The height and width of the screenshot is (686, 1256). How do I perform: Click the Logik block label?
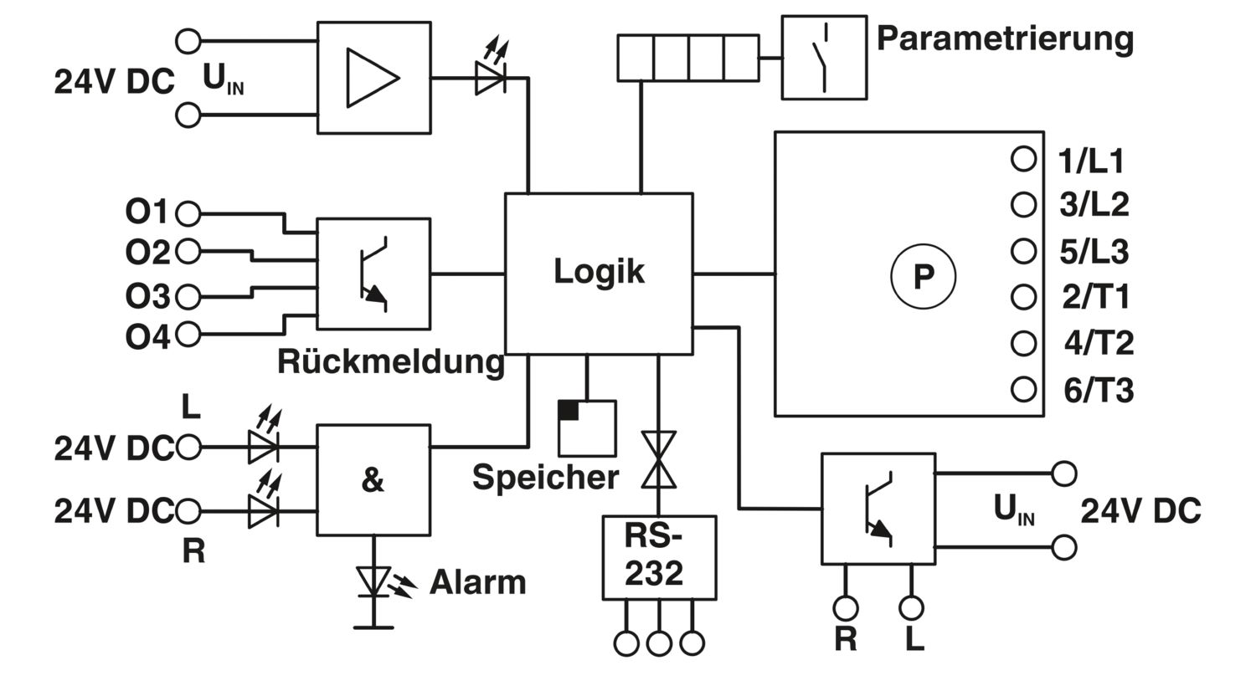[599, 272]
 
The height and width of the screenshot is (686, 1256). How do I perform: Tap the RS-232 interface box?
[659, 558]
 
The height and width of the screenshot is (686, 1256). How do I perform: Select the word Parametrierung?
[1005, 40]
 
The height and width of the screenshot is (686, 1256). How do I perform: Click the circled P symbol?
[923, 276]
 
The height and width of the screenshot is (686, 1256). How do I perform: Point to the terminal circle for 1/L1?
[1023, 159]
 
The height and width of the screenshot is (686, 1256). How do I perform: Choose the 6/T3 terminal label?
[1099, 391]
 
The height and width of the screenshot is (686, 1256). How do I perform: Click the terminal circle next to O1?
[188, 213]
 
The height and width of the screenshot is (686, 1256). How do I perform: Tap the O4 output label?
[147, 337]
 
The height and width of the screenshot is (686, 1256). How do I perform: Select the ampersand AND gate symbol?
[373, 480]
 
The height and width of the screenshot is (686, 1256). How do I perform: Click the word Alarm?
[478, 582]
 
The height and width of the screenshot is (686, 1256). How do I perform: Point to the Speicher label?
[546, 477]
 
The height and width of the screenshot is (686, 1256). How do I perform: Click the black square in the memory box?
[568, 410]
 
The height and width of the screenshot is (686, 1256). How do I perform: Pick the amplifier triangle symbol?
[373, 78]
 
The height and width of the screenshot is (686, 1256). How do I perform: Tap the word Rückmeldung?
[391, 361]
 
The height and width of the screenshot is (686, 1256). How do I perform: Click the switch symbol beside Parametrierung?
[824, 58]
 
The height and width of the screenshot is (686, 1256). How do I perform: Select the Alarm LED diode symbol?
[373, 582]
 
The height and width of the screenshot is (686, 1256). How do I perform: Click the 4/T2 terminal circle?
[1023, 343]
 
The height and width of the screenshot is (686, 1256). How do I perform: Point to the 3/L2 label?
[1094, 205]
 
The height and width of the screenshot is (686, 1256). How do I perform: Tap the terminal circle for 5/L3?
[1023, 251]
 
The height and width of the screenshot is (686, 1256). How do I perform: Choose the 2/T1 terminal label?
[1095, 297]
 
